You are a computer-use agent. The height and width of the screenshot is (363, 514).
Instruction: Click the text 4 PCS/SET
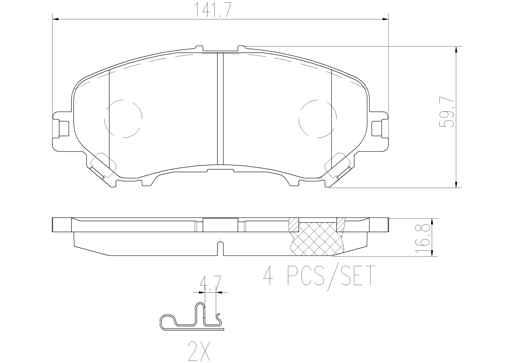[x=319, y=276]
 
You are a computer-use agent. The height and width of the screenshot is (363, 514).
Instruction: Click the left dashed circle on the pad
[x=123, y=119]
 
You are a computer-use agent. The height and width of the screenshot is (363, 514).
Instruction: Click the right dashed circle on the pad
[x=318, y=118]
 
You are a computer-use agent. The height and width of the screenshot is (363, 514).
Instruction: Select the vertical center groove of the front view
[x=220, y=108]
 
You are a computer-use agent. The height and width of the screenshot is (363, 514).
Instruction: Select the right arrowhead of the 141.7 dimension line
[x=385, y=19]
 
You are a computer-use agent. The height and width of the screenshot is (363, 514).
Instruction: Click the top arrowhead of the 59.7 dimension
[x=456, y=49]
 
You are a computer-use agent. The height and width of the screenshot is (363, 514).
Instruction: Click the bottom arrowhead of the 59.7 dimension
[x=456, y=185]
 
